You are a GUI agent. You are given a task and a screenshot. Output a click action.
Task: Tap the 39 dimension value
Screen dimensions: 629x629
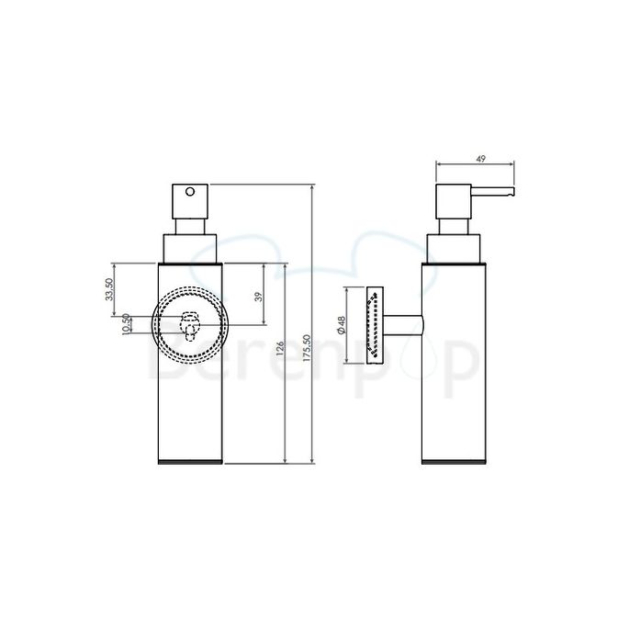[x=258, y=296]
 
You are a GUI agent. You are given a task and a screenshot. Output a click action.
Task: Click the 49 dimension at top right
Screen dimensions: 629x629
[x=477, y=159]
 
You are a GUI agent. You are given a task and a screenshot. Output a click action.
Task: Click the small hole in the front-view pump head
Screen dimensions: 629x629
[x=191, y=192]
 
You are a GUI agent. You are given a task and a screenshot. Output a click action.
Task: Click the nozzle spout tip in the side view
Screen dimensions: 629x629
[x=511, y=193]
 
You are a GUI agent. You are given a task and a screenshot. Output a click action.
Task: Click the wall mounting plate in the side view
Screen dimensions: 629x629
[x=376, y=325]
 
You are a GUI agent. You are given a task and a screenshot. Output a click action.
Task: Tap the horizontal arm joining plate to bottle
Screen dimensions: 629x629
[x=403, y=325]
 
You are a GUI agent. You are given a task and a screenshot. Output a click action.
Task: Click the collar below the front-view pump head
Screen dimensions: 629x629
[x=190, y=248]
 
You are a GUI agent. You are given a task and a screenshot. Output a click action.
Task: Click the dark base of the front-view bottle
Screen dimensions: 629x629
[x=190, y=462]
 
